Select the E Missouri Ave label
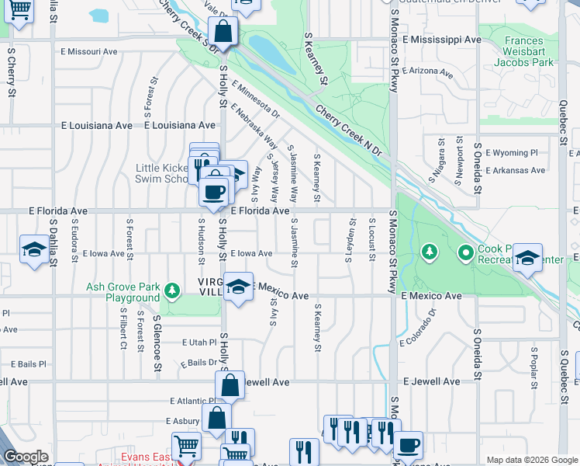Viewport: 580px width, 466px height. click(x=88, y=51)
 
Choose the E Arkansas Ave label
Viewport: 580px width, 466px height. click(x=516, y=170)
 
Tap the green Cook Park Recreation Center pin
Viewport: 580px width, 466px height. click(x=465, y=252)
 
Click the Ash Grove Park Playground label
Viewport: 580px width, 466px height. click(x=123, y=292)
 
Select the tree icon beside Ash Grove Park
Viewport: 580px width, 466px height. click(x=172, y=292)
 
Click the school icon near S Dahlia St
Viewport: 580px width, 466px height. click(x=33, y=250)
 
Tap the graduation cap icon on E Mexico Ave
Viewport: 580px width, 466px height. click(x=239, y=285)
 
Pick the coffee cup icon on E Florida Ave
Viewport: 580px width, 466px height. click(x=214, y=190)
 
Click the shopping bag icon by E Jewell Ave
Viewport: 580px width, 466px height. click(x=230, y=385)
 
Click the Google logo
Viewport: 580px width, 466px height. click(x=26, y=457)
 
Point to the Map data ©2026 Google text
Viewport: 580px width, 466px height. click(x=531, y=460)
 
